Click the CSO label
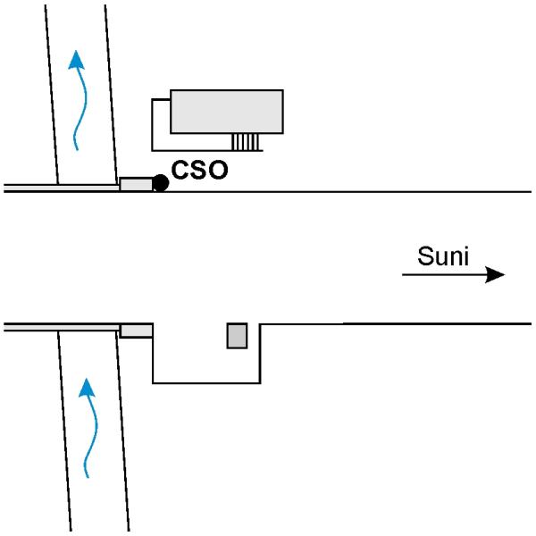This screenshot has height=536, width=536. click(199, 170)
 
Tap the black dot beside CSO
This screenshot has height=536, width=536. click(160, 183)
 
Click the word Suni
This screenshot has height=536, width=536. click(443, 256)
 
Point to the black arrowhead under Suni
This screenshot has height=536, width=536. click(495, 274)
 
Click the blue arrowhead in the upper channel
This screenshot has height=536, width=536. click(76, 60)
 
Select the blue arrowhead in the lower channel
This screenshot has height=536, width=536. click(87, 388)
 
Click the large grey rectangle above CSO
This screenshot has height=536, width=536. click(227, 112)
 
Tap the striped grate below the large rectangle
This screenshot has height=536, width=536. click(245, 142)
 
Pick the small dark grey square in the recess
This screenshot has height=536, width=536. click(237, 336)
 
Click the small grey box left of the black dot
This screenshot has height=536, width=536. click(136, 184)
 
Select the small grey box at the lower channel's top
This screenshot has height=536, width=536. click(137, 331)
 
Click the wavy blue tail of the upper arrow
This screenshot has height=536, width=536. click(80, 109)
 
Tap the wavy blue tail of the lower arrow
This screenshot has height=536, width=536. click(91, 437)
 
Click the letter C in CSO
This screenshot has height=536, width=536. click(180, 170)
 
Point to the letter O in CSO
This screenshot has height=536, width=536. click(218, 171)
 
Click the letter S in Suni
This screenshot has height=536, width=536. click(425, 256)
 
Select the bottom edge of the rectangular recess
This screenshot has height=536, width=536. click(206, 383)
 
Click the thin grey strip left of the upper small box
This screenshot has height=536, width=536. click(62, 188)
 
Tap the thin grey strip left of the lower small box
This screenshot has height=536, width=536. click(62, 328)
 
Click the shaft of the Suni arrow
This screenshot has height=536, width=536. click(444, 274)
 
